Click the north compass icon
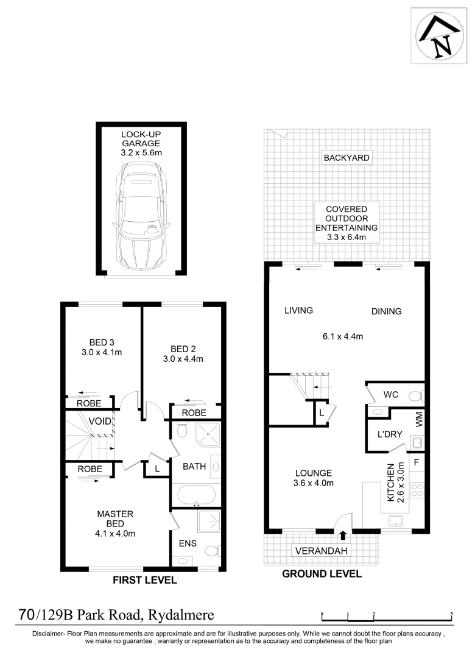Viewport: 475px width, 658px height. click(x=437, y=35)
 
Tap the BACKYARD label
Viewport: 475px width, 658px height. click(x=346, y=158)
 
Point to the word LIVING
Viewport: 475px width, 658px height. click(x=298, y=310)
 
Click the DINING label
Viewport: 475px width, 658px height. click(x=387, y=311)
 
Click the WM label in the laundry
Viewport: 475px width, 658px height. click(x=418, y=419)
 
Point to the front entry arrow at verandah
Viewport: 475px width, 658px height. click(x=342, y=536)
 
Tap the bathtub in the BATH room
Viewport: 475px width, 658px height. click(x=194, y=494)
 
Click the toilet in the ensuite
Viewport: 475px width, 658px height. click(x=211, y=551)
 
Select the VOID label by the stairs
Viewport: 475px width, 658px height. click(x=100, y=421)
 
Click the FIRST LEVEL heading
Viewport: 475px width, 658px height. click(x=145, y=581)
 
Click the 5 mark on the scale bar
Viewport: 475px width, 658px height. click(x=451, y=615)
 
